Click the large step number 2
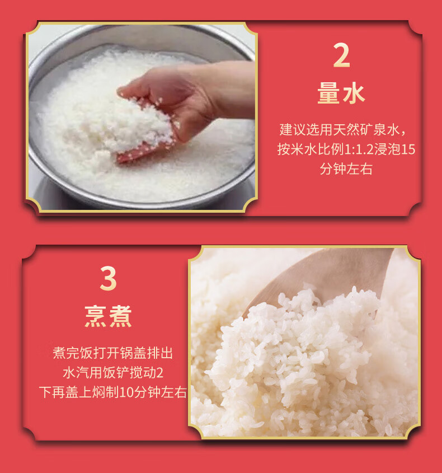point(342,55)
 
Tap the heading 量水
point(341,93)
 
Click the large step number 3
point(108,279)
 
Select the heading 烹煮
point(108,316)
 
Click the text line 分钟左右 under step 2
point(346,169)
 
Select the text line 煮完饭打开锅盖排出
point(113,353)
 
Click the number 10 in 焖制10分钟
point(126,392)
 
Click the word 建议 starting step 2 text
point(293,130)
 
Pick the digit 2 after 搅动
point(160,373)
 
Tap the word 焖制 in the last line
point(106,392)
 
